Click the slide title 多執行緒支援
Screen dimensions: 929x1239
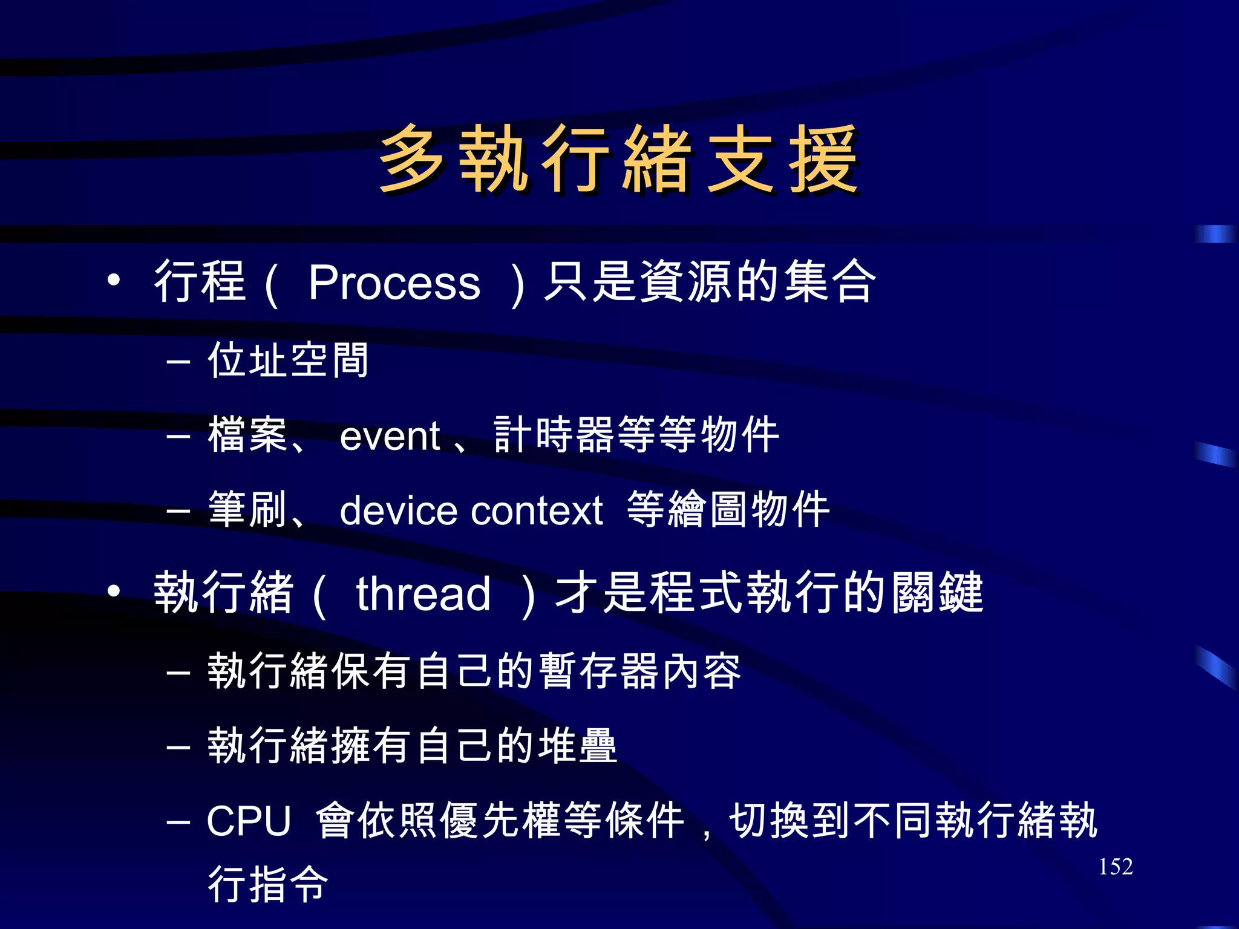618,160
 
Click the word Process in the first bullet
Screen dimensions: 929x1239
394,282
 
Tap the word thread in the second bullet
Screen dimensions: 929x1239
423,593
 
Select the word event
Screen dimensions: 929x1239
390,435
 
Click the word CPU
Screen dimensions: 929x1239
249,821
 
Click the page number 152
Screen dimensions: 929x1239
1115,867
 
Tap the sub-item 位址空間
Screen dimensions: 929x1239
288,360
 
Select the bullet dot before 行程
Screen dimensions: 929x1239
113,280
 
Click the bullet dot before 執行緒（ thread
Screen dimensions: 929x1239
113,591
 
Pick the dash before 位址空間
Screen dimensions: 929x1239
178,362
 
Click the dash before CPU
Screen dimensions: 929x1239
178,822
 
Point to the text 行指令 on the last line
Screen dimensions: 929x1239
268,884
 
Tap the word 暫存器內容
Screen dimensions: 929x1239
640,671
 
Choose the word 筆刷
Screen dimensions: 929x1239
247,510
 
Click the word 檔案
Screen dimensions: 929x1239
247,435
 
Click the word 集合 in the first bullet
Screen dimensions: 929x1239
830,281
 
